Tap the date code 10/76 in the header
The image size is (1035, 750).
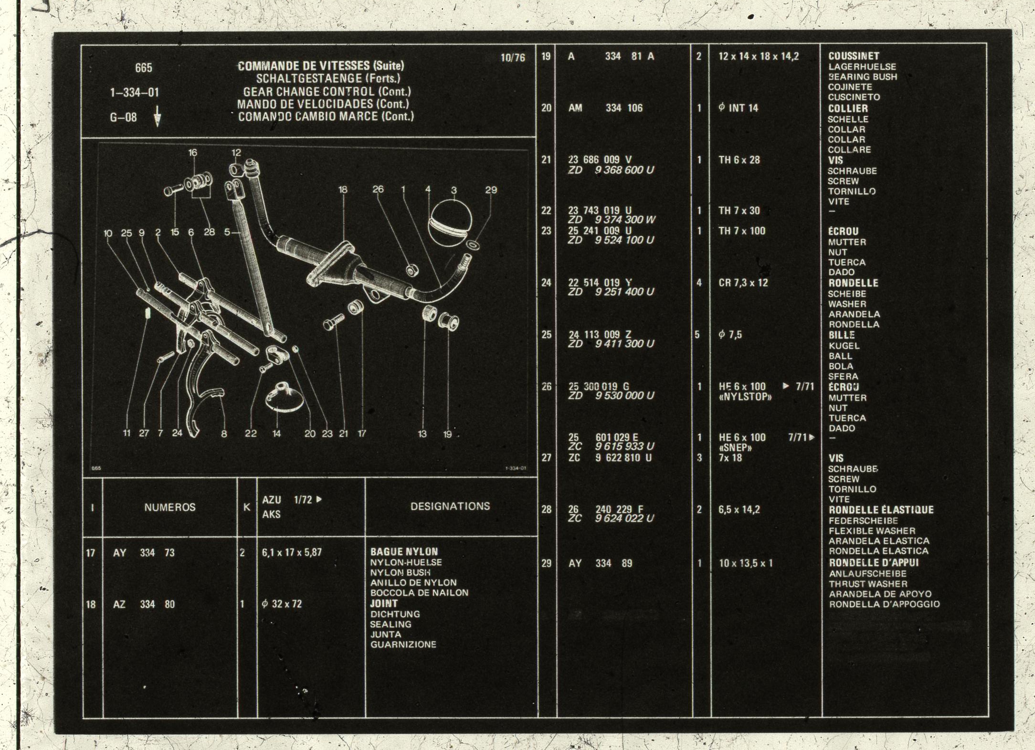click(x=512, y=58)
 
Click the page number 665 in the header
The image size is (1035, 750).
click(x=143, y=68)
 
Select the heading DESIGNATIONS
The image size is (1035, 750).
click(x=450, y=506)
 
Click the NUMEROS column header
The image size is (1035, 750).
click(x=170, y=507)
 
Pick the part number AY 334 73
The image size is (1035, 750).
click(x=144, y=553)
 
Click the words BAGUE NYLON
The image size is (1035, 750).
click(x=404, y=552)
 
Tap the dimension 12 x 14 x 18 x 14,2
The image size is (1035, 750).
click(x=759, y=56)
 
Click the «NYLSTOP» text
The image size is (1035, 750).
click(x=745, y=397)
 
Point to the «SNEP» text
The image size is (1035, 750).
click(x=735, y=448)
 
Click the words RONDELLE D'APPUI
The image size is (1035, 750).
click(x=874, y=563)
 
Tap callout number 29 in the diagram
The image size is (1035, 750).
click(x=491, y=190)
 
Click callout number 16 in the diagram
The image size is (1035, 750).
click(x=192, y=153)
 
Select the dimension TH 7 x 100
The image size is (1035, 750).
click(x=742, y=232)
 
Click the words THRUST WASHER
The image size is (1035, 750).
click(x=868, y=584)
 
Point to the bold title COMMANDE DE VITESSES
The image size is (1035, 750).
click(x=304, y=65)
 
